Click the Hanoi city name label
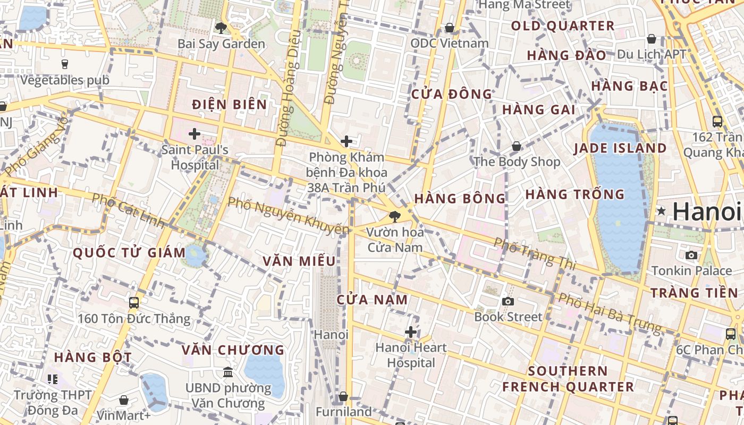[x=707, y=211]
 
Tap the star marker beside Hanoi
[x=661, y=211]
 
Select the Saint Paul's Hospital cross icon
[x=195, y=134]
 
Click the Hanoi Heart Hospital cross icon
[x=410, y=333]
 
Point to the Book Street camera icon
[x=508, y=302]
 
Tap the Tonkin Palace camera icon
[x=691, y=256]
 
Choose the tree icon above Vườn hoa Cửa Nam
[x=394, y=216]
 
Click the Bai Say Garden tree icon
[x=221, y=28]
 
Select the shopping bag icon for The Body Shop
[x=516, y=146]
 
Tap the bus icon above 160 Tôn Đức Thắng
[x=134, y=303]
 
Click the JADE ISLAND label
[x=620, y=148]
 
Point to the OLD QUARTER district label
[x=562, y=25]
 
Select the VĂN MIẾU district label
[x=300, y=261]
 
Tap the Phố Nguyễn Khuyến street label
[x=288, y=216]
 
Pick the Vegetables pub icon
[x=65, y=64]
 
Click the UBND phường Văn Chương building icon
[x=228, y=372]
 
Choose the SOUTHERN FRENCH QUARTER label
[x=568, y=379]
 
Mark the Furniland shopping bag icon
[x=343, y=397]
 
